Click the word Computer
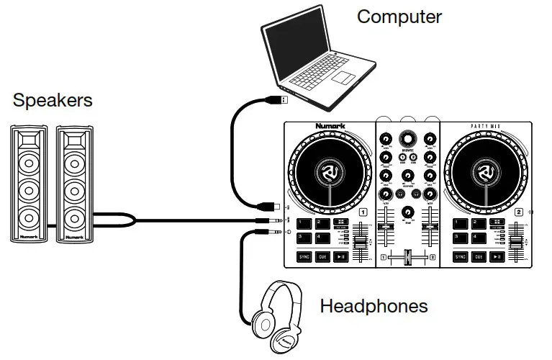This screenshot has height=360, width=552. click(399, 16)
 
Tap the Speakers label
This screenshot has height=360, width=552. click(53, 100)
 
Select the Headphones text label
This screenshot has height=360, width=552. click(374, 306)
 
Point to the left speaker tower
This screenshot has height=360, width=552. click(30, 183)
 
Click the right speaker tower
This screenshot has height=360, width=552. click(74, 183)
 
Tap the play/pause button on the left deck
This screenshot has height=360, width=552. click(341, 256)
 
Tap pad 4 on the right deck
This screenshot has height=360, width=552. click(478, 238)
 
